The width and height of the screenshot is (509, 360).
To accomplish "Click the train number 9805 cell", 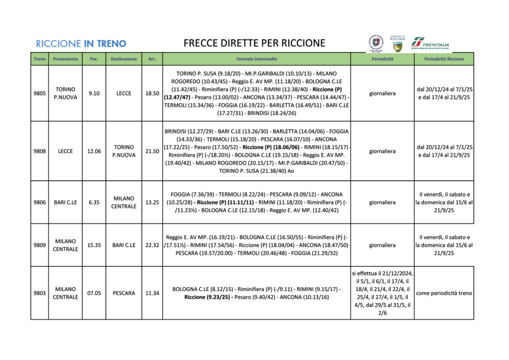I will tap(39, 94).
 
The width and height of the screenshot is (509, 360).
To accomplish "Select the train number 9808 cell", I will tap(39, 151).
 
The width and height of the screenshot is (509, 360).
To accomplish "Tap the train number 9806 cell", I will tap(39, 202).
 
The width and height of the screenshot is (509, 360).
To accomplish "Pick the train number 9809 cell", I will tap(39, 245).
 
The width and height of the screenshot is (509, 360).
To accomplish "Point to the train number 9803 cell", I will tap(39, 293).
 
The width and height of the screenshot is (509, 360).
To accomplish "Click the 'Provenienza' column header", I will tap(65, 59).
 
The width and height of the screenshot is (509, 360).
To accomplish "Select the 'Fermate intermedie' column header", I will tap(256, 59).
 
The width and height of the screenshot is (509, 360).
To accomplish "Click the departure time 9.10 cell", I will tap(94, 94).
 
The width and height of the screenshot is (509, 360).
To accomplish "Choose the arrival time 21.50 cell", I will tap(152, 151).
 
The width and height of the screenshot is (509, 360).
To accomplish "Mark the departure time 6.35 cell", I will tap(94, 202).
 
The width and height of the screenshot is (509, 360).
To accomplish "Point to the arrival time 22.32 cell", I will tap(152, 245).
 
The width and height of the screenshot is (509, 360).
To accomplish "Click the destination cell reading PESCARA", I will tap(124, 293).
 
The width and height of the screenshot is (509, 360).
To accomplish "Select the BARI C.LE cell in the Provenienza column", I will tap(65, 202).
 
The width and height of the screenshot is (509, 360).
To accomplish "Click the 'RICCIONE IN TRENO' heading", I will tap(81, 44).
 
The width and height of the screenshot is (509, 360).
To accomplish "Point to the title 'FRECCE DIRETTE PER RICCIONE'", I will tap(254, 43).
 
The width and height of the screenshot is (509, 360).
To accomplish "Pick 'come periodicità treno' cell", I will tap(444, 293).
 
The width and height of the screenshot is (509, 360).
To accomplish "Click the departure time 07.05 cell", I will tap(94, 293).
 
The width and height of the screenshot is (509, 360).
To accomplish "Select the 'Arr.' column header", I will tap(152, 59).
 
